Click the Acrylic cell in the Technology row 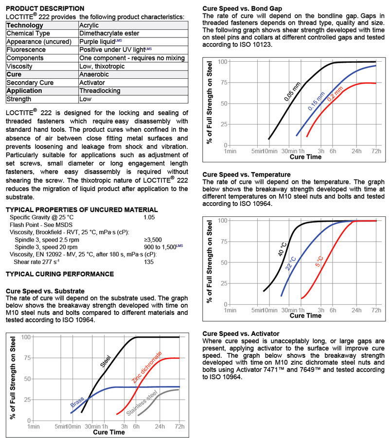(90, 25)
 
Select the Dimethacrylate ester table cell (109, 34)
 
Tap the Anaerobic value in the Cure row (93, 74)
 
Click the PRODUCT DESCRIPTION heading (45, 9)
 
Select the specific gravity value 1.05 (149, 217)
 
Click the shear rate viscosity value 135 (149, 262)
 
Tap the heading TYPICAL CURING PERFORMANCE (59, 275)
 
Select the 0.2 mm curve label (335, 94)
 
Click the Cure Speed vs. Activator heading (241, 333)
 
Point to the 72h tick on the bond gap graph (376, 151)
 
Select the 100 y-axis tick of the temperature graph (222, 220)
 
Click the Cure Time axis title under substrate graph (109, 432)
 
